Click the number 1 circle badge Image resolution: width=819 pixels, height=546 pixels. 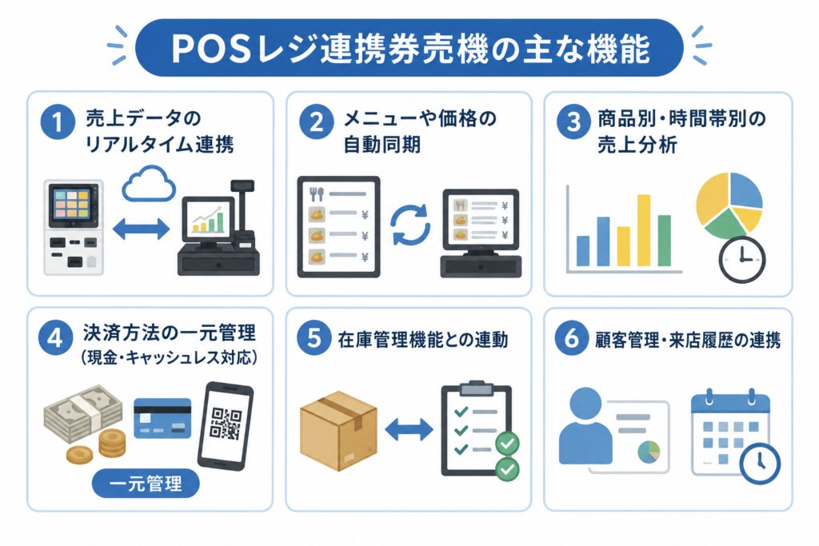coord(58,122)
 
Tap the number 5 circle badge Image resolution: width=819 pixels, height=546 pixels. coord(314,337)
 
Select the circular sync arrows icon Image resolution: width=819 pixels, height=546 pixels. coord(410,225)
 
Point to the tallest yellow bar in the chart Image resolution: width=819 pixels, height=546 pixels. coord(644,230)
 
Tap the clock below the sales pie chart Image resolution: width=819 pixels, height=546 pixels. coord(741,260)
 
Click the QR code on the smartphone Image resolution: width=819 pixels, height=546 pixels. coord(226,424)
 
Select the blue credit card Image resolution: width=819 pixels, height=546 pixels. coord(162,418)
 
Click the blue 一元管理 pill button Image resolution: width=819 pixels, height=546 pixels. coord(146,484)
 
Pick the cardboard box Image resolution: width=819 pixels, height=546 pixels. coord(338,431)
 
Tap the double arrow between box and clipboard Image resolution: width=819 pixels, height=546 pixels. coord(409,429)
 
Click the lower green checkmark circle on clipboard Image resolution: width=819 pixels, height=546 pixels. coord(506,468)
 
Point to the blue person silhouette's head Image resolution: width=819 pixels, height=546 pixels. coord(585,404)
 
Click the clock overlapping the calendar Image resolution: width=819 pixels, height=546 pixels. coord(760,463)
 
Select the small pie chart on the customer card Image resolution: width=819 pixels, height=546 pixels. coord(649,452)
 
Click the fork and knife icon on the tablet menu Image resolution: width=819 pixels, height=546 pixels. coord(317,194)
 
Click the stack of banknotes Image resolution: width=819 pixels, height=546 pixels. coord(83,414)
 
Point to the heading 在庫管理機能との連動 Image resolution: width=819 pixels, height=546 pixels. coord(422,340)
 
